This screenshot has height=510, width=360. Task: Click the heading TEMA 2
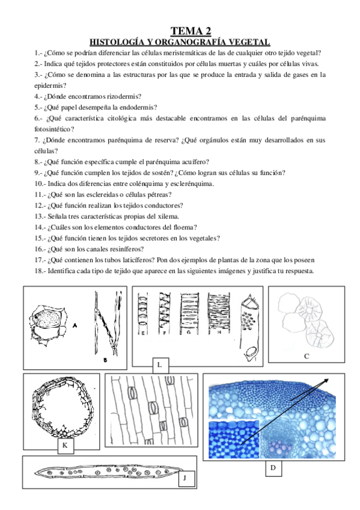tap(191, 31)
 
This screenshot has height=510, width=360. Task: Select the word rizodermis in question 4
tap(124, 96)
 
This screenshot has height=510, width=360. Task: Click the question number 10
tap(40, 184)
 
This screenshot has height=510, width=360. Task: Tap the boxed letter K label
tap(66, 446)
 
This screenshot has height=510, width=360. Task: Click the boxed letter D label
tap(273, 469)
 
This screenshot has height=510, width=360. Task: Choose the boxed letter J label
tap(186, 479)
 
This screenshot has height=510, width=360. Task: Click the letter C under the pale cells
tap(307, 357)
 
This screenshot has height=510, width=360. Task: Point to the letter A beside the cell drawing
tap(75, 325)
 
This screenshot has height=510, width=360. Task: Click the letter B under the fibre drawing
tap(105, 360)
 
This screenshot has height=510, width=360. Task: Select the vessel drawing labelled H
tap(219, 312)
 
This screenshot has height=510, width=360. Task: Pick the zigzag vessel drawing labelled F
tap(165, 312)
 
